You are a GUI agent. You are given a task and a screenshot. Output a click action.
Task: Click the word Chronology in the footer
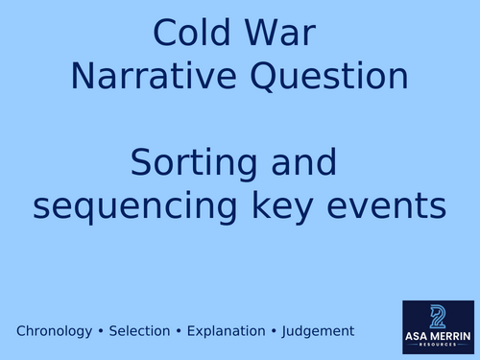coord(56,331)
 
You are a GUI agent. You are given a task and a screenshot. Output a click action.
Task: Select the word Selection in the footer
coord(140,331)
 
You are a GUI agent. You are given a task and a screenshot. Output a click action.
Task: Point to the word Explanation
coord(224,331)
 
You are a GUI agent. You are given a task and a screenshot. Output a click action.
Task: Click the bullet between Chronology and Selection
coord(102,331)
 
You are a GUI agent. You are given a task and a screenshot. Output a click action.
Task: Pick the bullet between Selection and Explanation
coord(179,331)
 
